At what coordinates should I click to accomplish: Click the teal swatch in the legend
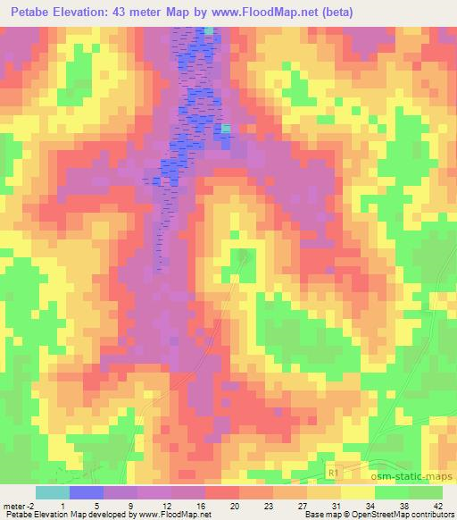click(52, 492)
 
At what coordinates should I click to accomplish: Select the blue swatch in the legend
click(87, 492)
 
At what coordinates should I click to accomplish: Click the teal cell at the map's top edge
click(209, 30)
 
